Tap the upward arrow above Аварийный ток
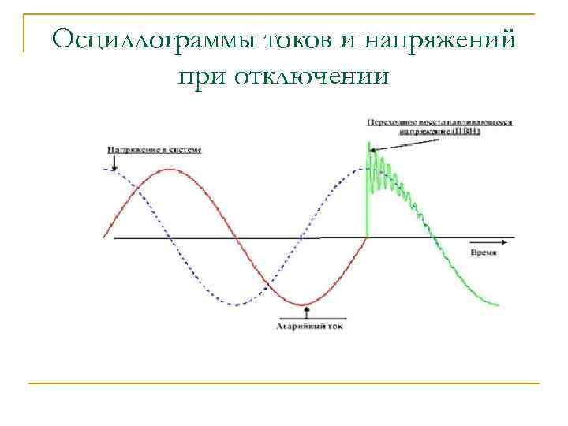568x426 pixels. pyautogui.click(x=306, y=312)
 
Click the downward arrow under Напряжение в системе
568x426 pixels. pyautogui.click(x=116, y=162)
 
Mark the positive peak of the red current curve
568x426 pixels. pyautogui.click(x=169, y=169)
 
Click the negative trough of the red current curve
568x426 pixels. pyautogui.click(x=301, y=305)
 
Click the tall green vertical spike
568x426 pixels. pyautogui.click(x=368, y=189)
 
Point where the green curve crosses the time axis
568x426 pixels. pyautogui.click(x=431, y=237)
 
